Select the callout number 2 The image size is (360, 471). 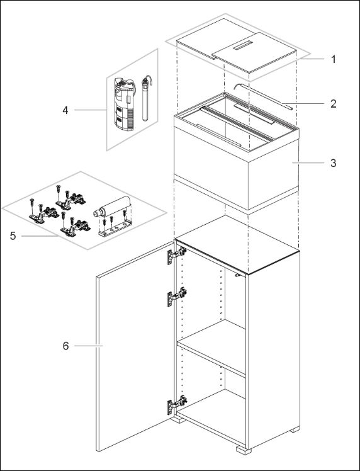(x=333, y=103)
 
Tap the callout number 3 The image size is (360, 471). (x=333, y=162)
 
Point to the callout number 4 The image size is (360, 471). (x=65, y=110)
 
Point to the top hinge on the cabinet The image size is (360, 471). (x=176, y=254)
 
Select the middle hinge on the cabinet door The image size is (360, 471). (x=176, y=295)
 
